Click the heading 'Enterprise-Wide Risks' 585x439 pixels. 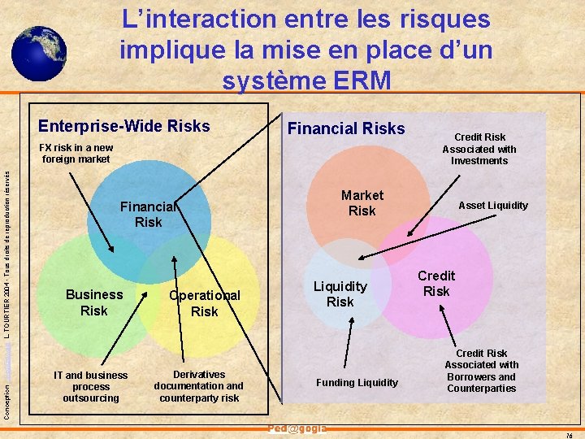point(124,126)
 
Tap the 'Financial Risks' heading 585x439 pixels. point(346,128)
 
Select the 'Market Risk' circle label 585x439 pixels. point(362,202)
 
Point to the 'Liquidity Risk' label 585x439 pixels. point(340,293)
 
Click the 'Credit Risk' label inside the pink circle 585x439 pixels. point(436,283)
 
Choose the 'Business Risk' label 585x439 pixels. point(94,302)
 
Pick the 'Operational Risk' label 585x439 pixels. point(204,303)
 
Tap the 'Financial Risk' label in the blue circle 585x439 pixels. point(149,214)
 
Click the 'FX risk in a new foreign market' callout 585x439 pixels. point(77,154)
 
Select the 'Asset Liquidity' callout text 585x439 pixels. point(493,206)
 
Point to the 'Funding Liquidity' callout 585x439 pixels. point(357,383)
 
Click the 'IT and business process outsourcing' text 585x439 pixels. point(90,386)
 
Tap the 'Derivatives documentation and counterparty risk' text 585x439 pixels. point(198,386)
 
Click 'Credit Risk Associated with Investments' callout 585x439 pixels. point(479,149)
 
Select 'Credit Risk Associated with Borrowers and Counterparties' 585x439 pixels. point(481,371)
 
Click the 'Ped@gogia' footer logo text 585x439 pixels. point(297,429)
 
